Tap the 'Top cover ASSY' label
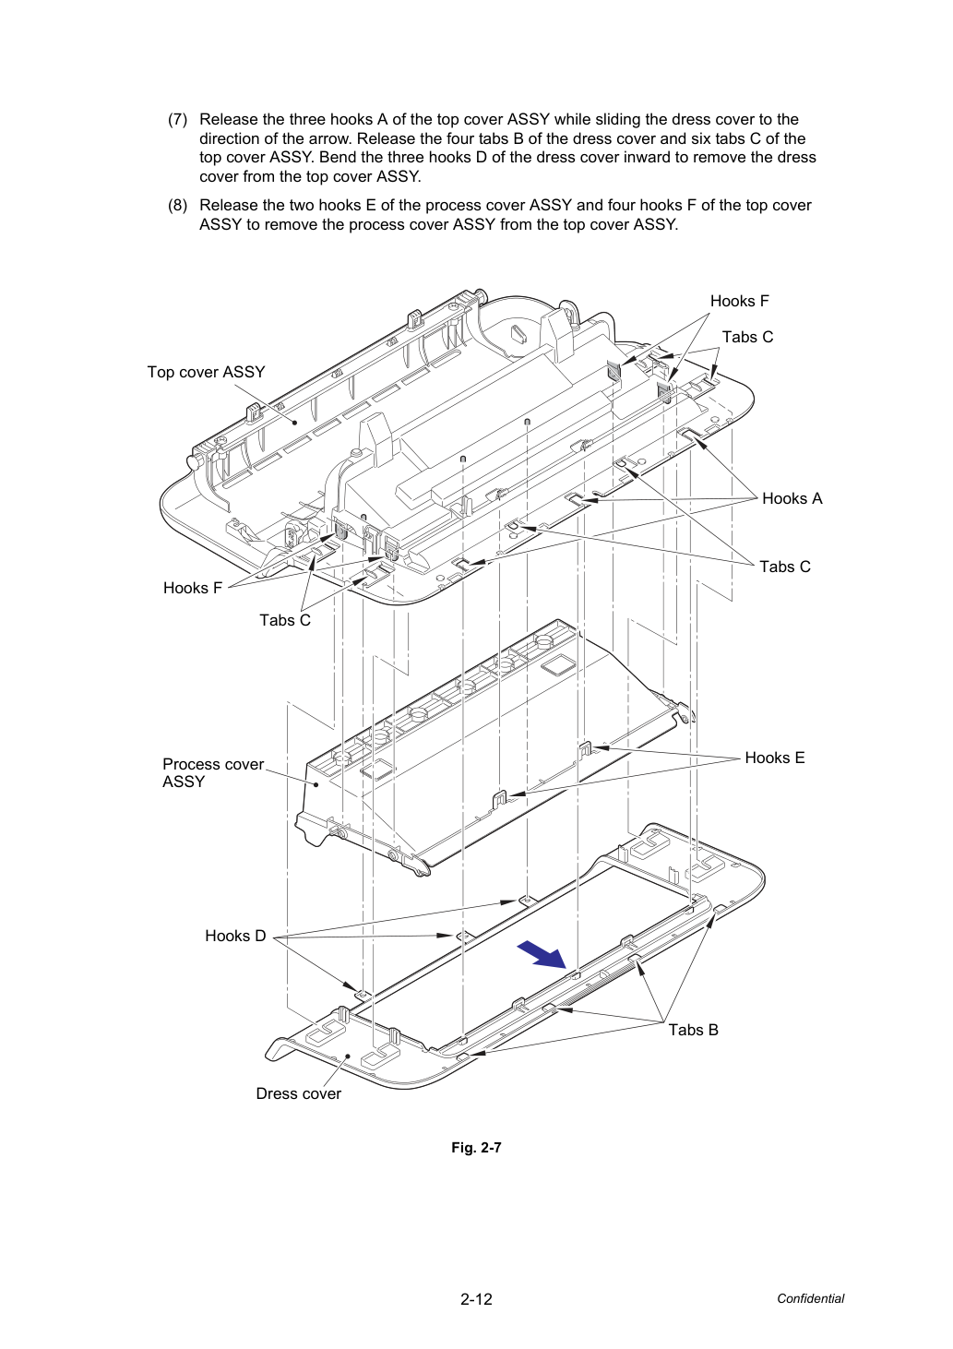(x=206, y=372)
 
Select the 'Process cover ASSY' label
(x=213, y=772)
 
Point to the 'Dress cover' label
(x=299, y=1093)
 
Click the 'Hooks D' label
(x=235, y=936)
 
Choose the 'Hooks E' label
(x=775, y=758)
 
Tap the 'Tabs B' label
(x=694, y=1030)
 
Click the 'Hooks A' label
(x=792, y=498)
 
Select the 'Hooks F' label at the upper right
(x=739, y=301)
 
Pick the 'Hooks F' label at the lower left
(x=193, y=588)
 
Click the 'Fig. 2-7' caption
(x=476, y=1148)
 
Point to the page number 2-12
(x=476, y=1299)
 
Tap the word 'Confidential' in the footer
(x=810, y=1298)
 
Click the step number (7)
(x=178, y=119)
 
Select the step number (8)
(x=178, y=206)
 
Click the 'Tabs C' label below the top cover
(x=285, y=620)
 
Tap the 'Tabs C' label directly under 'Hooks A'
(x=785, y=567)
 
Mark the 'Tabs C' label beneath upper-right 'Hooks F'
(x=747, y=338)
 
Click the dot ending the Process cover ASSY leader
(x=316, y=783)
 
